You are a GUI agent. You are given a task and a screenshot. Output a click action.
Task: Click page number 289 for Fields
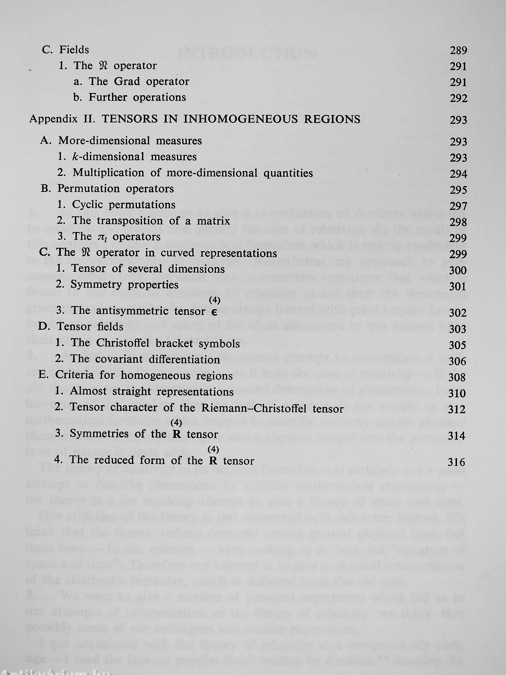[458, 50]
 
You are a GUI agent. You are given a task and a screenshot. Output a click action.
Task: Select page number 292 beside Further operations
[458, 99]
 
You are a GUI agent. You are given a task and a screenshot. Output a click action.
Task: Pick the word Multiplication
[108, 173]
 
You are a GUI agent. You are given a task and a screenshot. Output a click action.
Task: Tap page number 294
[458, 174]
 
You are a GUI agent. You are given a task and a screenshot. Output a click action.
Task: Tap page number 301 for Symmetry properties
[458, 286]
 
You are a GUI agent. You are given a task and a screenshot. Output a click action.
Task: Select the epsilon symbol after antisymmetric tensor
[215, 312]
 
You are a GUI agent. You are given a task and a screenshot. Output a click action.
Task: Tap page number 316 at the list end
[457, 462]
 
